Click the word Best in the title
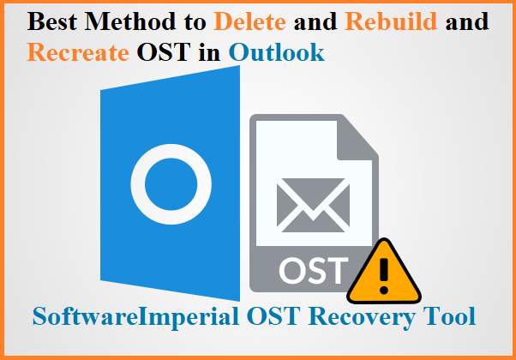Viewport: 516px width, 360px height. pyautogui.click(x=52, y=21)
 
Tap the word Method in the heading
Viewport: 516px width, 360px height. pyautogui.click(x=129, y=21)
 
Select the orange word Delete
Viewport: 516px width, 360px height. pyautogui.click(x=249, y=21)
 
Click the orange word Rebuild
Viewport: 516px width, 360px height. pyautogui.click(x=391, y=21)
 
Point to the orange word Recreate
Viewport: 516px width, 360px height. pyautogui.click(x=78, y=52)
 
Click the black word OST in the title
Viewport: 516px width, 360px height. pyautogui.click(x=164, y=52)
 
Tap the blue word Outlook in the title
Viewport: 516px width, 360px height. pyautogui.click(x=277, y=52)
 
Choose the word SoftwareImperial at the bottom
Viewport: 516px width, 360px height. pyautogui.click(x=135, y=317)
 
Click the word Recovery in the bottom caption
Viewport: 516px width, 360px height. pyautogui.click(x=363, y=317)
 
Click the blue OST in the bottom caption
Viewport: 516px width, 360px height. pyautogui.click(x=273, y=316)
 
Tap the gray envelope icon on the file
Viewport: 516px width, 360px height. pyautogui.click(x=314, y=206)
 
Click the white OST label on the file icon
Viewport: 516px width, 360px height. pyautogui.click(x=314, y=271)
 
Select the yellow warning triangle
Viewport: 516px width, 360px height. pyautogui.click(x=384, y=271)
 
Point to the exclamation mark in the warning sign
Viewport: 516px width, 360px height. pyautogui.click(x=384, y=276)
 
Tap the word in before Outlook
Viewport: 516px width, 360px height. pyautogui.click(x=210, y=52)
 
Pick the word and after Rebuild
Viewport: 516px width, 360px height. pyautogui.click(x=467, y=21)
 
